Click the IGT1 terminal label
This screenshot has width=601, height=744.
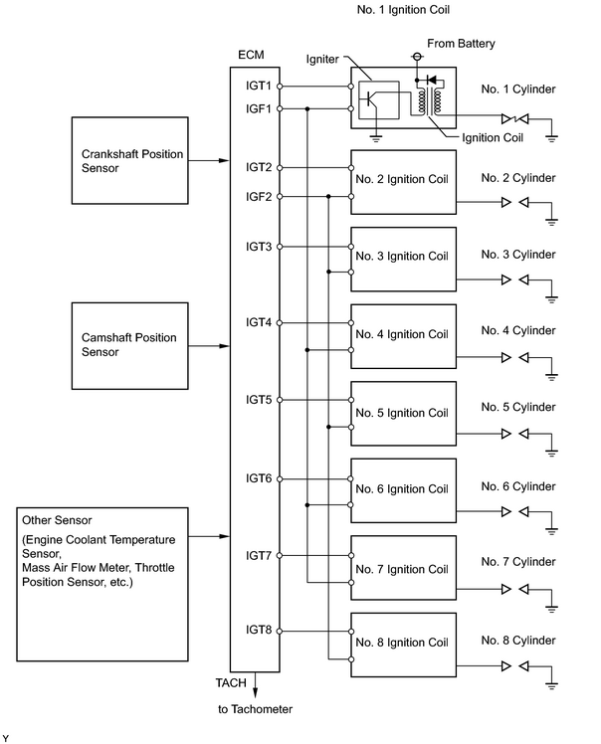pyautogui.click(x=259, y=86)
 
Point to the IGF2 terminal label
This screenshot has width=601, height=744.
pyautogui.click(x=259, y=196)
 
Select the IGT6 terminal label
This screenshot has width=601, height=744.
pyautogui.click(x=259, y=478)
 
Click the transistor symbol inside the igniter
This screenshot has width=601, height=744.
pyautogui.click(x=372, y=99)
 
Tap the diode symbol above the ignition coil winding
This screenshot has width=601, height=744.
pyautogui.click(x=432, y=80)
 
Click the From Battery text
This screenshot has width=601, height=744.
pyautogui.click(x=461, y=44)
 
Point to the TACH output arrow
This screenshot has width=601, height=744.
pyautogui.click(x=255, y=684)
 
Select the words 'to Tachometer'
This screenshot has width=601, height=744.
pyautogui.click(x=255, y=709)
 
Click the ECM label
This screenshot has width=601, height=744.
pyautogui.click(x=251, y=55)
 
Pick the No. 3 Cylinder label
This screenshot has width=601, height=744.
pyautogui.click(x=518, y=255)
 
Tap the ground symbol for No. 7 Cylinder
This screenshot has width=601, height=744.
pyautogui.click(x=551, y=608)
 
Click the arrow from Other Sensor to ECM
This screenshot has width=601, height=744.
pyautogui.click(x=209, y=537)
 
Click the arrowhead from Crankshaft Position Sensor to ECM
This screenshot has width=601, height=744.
pyautogui.click(x=224, y=160)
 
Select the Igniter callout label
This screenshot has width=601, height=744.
pyautogui.click(x=322, y=60)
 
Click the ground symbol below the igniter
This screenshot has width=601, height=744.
pyautogui.click(x=375, y=138)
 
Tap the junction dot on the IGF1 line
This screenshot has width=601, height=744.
pyautogui.click(x=307, y=108)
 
